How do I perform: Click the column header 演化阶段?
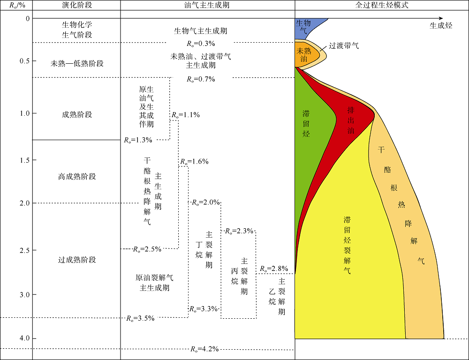click(77, 5)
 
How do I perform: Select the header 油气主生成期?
click(207, 5)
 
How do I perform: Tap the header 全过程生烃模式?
click(382, 5)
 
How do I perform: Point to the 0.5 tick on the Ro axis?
click(34, 60)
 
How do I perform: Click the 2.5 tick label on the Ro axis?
click(24, 250)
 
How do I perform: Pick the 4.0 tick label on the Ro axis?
click(24, 338)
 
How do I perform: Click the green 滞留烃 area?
click(308, 126)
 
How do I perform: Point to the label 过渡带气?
click(344, 46)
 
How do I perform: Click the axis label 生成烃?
click(441, 26)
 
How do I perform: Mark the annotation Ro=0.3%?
click(201, 44)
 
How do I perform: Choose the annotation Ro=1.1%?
click(185, 115)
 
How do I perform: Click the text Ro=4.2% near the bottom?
click(204, 349)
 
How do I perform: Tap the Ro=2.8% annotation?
click(274, 269)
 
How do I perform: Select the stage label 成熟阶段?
click(77, 114)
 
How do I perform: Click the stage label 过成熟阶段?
click(77, 260)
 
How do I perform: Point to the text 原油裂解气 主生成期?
click(154, 283)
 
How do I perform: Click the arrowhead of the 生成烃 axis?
click(441, 19)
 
